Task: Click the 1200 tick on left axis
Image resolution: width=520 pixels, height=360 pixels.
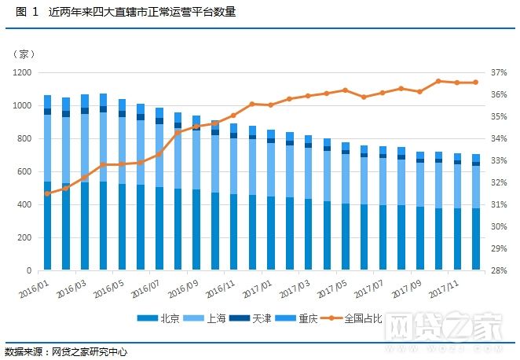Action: (21, 72)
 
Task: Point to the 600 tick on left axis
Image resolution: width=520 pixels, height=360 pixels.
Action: (24, 171)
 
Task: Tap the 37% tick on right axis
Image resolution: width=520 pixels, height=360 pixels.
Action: (499, 72)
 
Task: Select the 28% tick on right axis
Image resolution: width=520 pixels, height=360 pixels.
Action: (499, 270)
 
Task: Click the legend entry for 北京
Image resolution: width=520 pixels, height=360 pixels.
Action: (161, 319)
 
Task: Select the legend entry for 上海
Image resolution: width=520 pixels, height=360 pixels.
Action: (209, 319)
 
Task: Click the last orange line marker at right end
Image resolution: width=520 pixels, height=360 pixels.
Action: (475, 83)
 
